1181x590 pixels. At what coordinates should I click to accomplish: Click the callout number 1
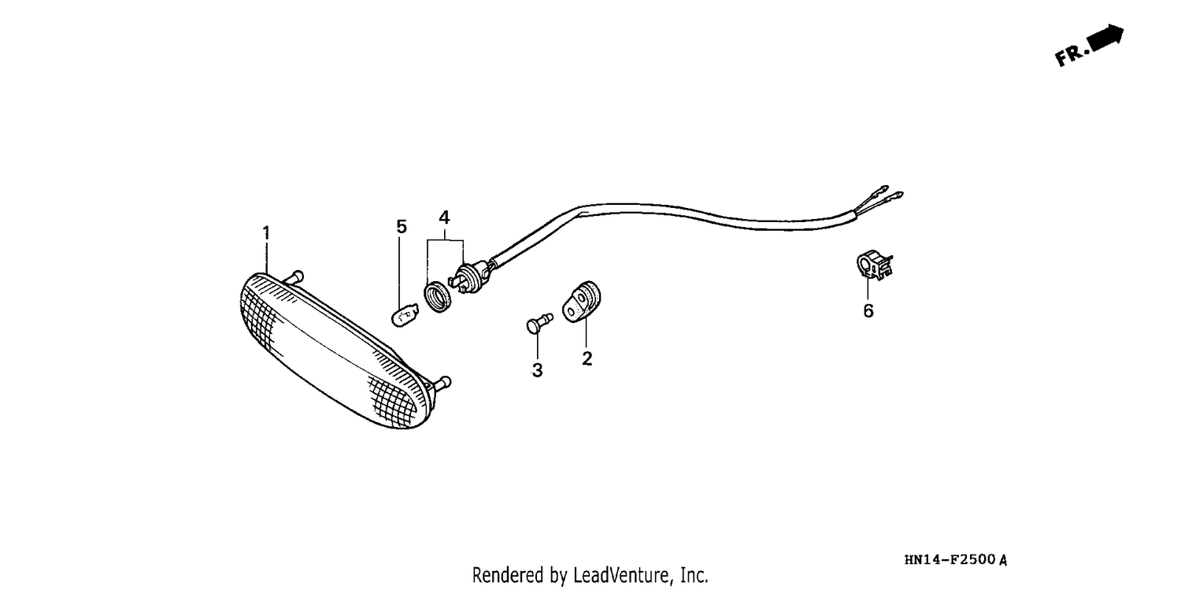[x=266, y=232]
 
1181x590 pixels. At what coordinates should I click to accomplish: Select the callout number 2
[x=587, y=358]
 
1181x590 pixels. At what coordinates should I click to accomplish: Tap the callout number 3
[x=537, y=371]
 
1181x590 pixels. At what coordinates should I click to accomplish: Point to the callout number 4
[x=445, y=217]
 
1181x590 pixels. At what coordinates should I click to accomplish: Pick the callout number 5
[x=402, y=227]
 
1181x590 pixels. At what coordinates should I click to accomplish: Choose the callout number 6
[x=868, y=311]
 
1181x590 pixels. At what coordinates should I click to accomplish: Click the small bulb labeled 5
[x=405, y=315]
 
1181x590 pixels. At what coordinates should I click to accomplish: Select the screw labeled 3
[x=539, y=323]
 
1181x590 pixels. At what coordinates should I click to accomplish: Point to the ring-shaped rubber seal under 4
[x=438, y=298]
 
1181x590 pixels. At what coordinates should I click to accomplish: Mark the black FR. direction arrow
[x=1106, y=38]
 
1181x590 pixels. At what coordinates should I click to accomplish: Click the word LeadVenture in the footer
[x=621, y=575]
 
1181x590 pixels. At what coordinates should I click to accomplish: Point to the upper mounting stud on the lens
[x=294, y=277]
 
